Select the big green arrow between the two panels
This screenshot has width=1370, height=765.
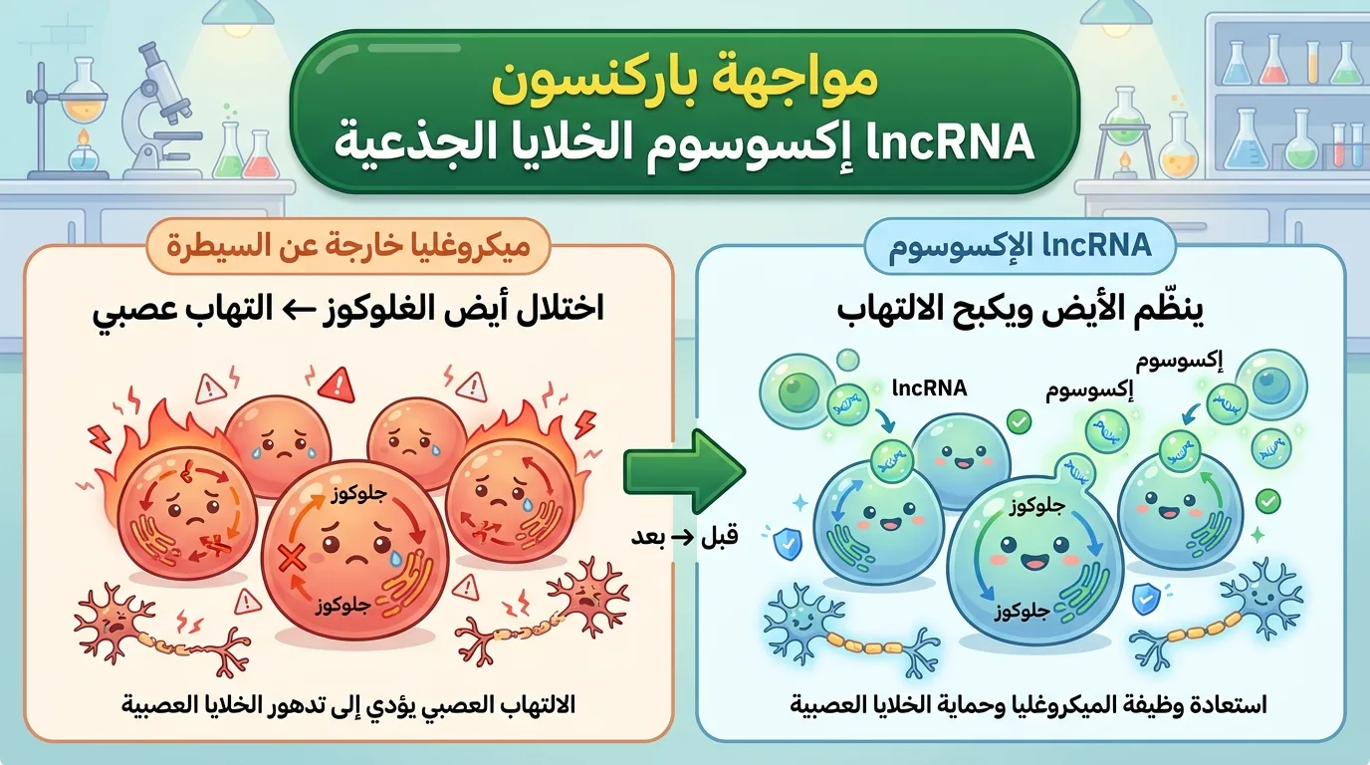684,471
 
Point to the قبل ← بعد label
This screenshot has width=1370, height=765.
684,537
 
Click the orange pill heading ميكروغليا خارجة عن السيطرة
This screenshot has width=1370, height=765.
348,246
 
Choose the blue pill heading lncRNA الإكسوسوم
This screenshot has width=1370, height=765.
1021,246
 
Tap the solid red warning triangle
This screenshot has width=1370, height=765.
336,385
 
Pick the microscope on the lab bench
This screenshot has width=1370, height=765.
157,111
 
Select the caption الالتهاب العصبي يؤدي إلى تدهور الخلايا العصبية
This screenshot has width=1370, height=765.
348,705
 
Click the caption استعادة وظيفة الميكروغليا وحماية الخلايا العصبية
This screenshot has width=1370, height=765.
1028,705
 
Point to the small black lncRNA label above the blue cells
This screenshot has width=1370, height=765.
930,388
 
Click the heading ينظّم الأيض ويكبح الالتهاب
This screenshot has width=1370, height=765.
1021,309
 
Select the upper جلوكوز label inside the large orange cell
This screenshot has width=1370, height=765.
359,494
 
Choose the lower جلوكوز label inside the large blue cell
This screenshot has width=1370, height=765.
1022,612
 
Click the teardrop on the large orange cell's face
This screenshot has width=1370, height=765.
397,557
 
